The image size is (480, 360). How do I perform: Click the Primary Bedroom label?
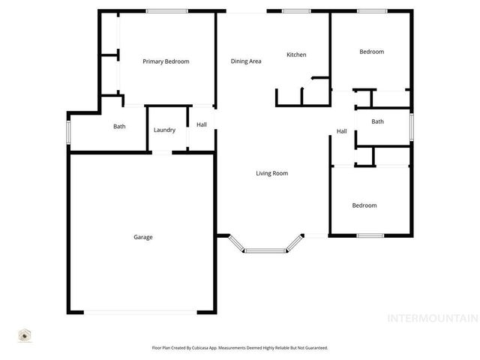(x=166, y=61)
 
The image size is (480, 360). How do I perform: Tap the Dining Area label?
(x=245, y=61)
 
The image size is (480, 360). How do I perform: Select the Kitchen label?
(x=296, y=55)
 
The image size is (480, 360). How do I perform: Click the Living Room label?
(x=271, y=173)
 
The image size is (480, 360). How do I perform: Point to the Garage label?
(x=143, y=237)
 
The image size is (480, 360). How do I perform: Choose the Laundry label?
(x=164, y=130)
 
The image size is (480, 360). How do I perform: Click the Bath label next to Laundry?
(x=119, y=126)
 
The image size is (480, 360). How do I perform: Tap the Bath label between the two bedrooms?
(x=377, y=121)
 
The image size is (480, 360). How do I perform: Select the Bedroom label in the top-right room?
(x=371, y=52)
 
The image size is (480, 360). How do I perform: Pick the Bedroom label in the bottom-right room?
(x=364, y=205)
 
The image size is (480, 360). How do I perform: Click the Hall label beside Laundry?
(x=202, y=125)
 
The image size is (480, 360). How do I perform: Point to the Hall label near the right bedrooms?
(x=341, y=131)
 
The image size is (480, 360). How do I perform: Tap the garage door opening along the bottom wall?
(x=140, y=313)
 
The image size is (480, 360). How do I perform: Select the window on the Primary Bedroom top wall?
(x=166, y=10)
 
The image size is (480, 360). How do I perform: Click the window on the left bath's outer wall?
(x=68, y=133)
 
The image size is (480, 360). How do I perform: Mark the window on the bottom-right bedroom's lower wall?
(x=370, y=235)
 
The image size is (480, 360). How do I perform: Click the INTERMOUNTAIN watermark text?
(x=431, y=318)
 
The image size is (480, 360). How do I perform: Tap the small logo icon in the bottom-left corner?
(x=24, y=336)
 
